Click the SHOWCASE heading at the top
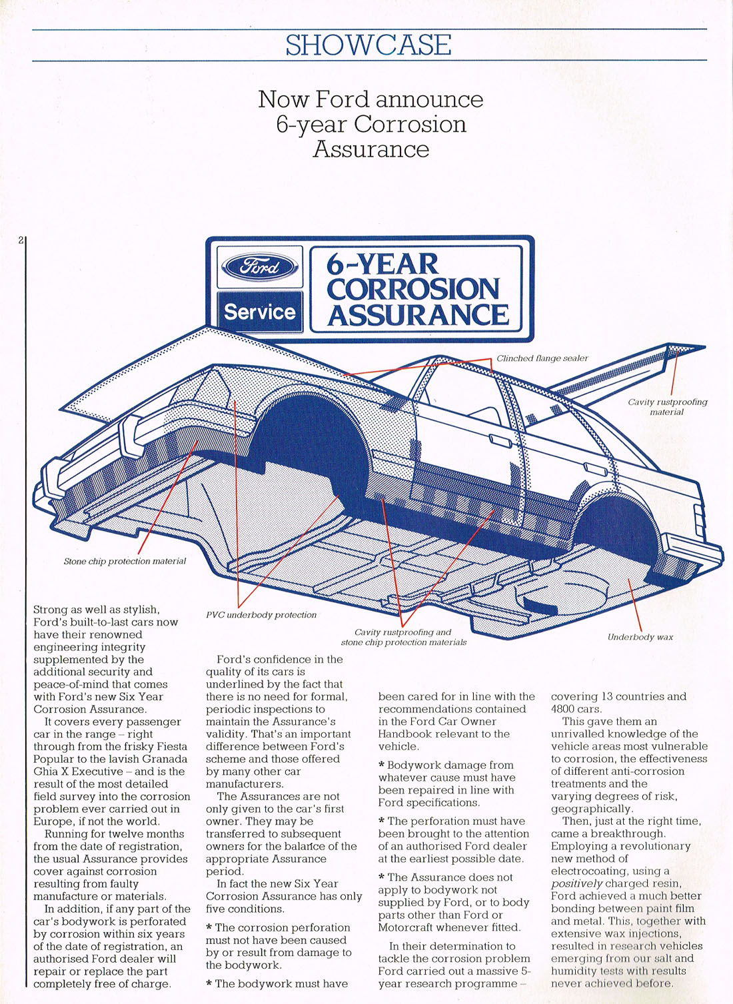click(x=368, y=45)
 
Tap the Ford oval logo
click(x=260, y=267)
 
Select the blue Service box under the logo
click(x=260, y=312)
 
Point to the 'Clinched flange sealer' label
click(x=542, y=358)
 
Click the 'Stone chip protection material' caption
click(x=125, y=561)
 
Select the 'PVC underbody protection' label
click(x=261, y=615)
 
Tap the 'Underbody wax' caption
click(x=640, y=637)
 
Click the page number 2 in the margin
click(x=21, y=240)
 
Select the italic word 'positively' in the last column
click(x=576, y=883)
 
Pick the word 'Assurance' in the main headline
click(x=370, y=149)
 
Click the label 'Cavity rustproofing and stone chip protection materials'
click(x=404, y=637)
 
